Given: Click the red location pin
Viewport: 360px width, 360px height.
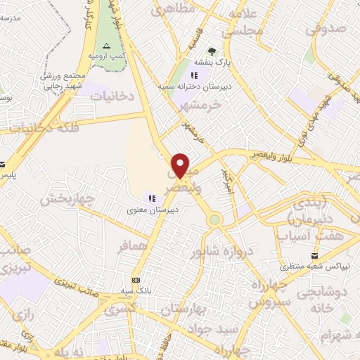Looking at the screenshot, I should (181, 165).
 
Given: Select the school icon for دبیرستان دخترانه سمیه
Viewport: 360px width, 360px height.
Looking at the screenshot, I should (195, 75).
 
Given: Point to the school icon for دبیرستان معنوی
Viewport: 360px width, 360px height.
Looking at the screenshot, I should (152, 199).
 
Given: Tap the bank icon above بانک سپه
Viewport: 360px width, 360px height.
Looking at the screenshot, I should (136, 279).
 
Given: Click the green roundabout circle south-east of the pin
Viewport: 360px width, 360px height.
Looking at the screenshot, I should (215, 220).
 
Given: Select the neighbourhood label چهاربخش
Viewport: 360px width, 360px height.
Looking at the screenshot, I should (67, 199).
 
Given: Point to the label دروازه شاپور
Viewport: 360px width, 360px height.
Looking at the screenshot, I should (230, 251).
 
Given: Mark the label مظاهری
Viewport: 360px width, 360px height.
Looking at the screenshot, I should (172, 11).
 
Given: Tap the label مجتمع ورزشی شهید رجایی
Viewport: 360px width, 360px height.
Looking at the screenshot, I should (60, 81).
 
